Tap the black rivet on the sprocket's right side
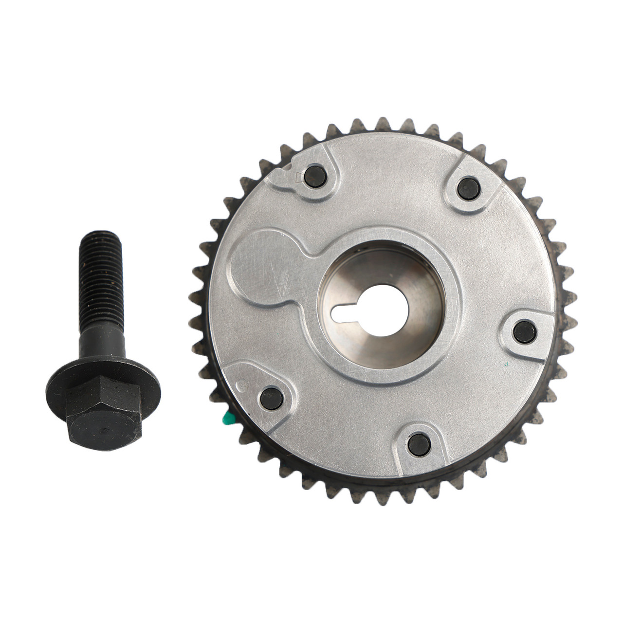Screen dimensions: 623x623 (525, 331)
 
